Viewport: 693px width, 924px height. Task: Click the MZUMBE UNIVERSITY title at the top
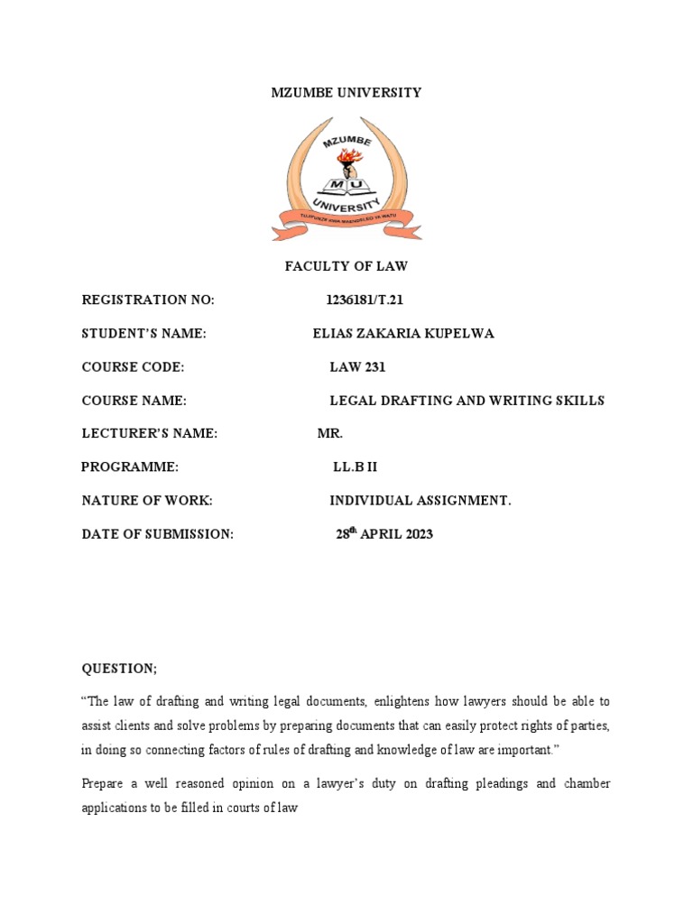tap(346, 93)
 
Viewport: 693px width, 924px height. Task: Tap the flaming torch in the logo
tap(346, 162)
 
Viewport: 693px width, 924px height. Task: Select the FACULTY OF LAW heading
tap(346, 265)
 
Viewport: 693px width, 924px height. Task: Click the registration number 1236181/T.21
tap(359, 300)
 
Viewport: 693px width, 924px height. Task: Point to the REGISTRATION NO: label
tap(149, 300)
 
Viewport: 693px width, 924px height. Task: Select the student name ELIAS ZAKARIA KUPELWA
tap(402, 334)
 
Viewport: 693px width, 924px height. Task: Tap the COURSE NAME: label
tap(134, 401)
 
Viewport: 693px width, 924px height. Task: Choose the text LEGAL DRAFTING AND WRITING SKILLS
tap(467, 401)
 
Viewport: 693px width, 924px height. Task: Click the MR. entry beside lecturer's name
tap(330, 434)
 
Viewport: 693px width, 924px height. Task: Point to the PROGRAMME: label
tap(130, 467)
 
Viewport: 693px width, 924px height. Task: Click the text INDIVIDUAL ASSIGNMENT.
tap(420, 501)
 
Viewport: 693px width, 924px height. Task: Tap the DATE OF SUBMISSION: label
tap(158, 534)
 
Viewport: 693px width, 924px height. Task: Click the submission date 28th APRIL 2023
tap(384, 534)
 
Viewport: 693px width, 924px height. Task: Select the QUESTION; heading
tap(119, 669)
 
